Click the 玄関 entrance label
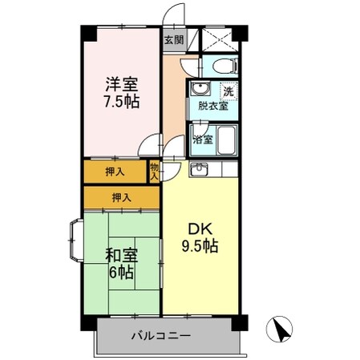[x=173, y=38]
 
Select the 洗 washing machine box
[x=229, y=91]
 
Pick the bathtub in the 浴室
[x=227, y=140]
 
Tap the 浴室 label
[x=203, y=140]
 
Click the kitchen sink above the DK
[x=199, y=169]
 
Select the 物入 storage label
[x=154, y=170]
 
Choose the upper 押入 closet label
[x=115, y=171]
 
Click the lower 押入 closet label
[x=121, y=197]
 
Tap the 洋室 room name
[x=119, y=83]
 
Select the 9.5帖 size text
[x=199, y=246]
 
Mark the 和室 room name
[x=121, y=256]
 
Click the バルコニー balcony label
[x=161, y=334]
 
